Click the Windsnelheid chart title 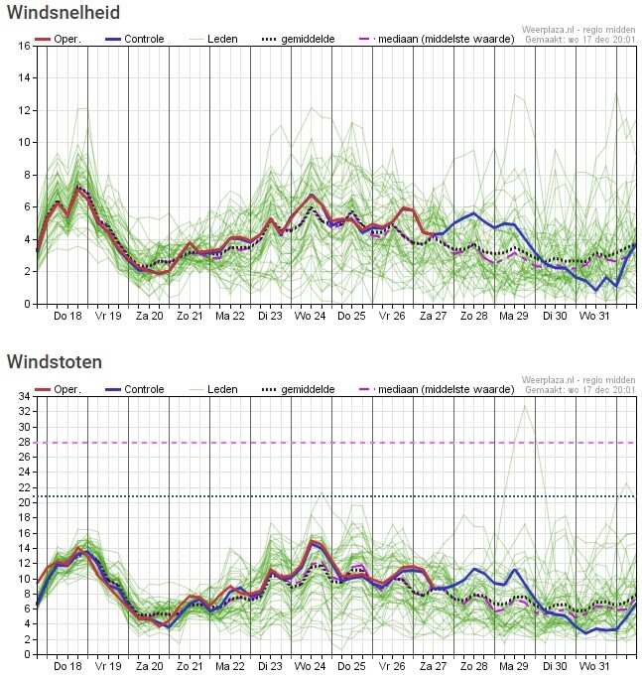click(64, 13)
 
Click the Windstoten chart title click(54, 362)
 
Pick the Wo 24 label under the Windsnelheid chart click(311, 316)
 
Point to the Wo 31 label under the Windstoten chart click(594, 666)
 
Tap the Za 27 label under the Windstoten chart click(433, 666)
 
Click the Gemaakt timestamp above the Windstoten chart click(579, 390)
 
